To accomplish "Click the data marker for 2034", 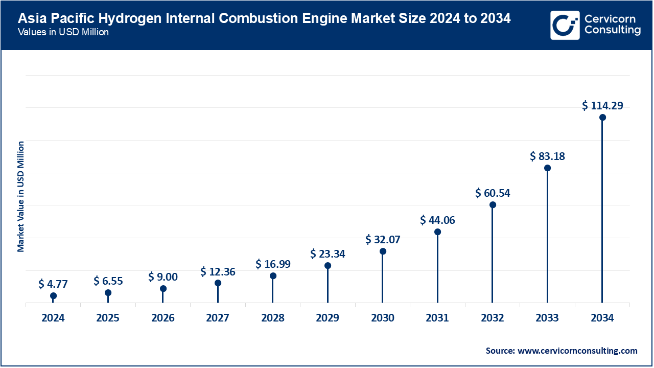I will click(x=602, y=117).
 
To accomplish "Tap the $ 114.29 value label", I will click(x=602, y=106).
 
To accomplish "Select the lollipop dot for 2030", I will click(x=383, y=251).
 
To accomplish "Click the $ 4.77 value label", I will click(x=53, y=284).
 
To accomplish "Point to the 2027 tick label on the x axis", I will click(x=218, y=318).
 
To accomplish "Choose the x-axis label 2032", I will click(x=493, y=318).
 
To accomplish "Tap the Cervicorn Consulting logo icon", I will click(x=565, y=25).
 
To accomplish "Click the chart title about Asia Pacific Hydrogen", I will click(x=264, y=19).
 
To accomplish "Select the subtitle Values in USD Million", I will click(x=63, y=32).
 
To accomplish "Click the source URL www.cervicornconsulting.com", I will click(x=577, y=351).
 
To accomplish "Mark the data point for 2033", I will click(x=547, y=168).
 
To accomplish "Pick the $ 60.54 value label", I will click(x=493, y=193).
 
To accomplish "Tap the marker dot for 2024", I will click(x=53, y=296).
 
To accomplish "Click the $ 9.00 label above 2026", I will click(x=163, y=277).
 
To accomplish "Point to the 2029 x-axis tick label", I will click(x=328, y=318).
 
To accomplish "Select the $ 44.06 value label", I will click(x=437, y=220).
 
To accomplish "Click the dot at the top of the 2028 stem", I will click(x=273, y=276).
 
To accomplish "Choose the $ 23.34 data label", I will click(x=328, y=254).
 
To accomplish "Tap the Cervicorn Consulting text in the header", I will click(x=612, y=25).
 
